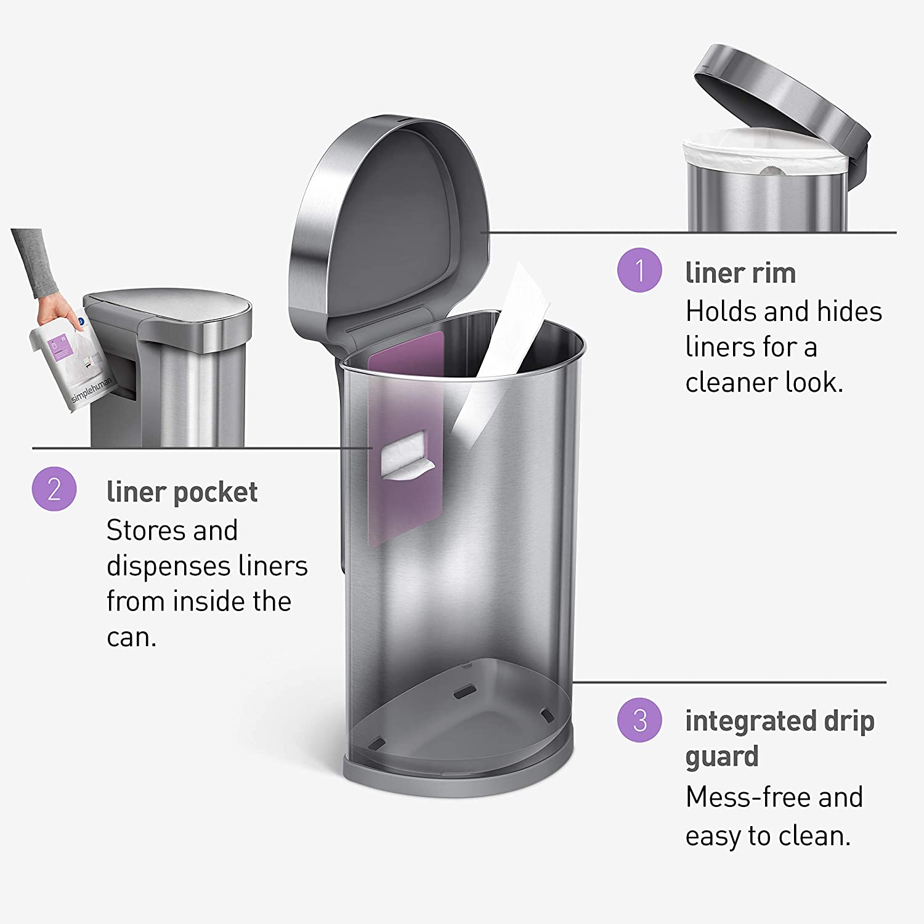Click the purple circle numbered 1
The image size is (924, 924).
tap(639, 270)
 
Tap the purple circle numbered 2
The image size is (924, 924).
tap(54, 489)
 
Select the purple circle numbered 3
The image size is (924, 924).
tap(639, 719)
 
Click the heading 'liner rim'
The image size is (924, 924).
tap(740, 273)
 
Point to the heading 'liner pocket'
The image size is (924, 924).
tap(182, 492)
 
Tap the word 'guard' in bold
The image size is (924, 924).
tap(722, 756)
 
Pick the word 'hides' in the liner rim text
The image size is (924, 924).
tap(849, 312)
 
